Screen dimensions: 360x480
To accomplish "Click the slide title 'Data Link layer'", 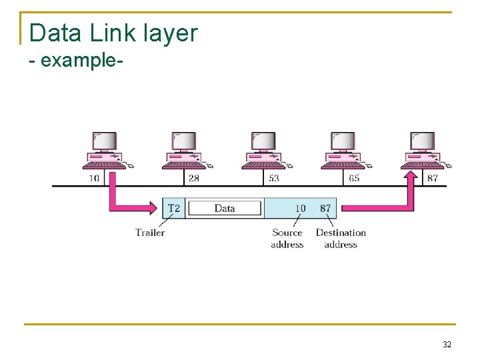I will point(113,33).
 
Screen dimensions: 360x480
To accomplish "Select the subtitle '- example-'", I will point(76,60).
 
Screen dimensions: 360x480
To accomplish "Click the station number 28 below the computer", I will point(194,178).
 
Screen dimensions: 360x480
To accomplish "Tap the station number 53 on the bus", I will point(273,178).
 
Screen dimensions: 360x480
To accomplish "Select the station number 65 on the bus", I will point(353,178).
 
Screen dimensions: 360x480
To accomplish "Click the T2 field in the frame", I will point(173,208).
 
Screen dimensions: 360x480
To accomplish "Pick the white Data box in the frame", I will point(225,208).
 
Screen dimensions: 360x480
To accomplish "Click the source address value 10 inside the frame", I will point(300,208).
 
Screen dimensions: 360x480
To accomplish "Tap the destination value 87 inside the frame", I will point(325,208).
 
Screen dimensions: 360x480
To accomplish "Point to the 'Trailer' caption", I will point(150,233).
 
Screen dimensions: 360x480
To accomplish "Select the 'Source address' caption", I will point(287,239).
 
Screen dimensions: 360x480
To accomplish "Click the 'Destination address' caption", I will point(341,239).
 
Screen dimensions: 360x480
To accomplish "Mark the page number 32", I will point(447,345).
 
